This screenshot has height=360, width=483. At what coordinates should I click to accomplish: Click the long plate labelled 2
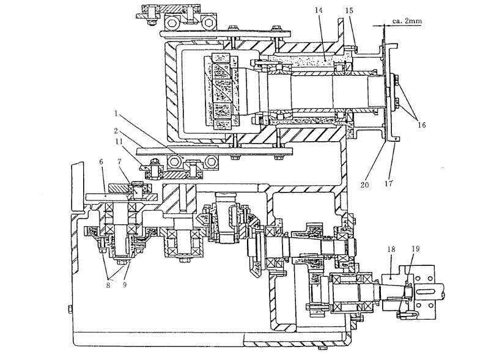tap(214, 150)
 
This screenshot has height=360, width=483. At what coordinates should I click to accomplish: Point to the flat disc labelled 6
tap(107, 197)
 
